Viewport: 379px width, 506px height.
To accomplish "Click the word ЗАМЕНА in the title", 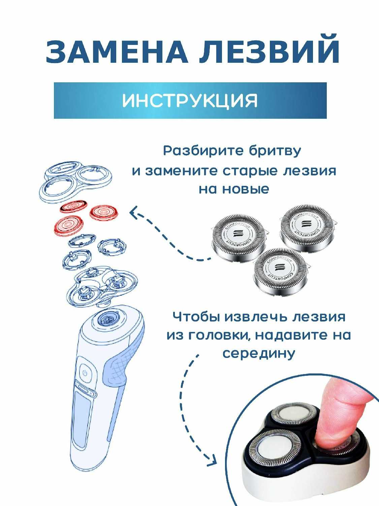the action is (117, 52).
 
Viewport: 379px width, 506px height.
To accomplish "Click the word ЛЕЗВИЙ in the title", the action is (269, 49).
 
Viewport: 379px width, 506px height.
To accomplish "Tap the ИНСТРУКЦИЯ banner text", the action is (190, 101).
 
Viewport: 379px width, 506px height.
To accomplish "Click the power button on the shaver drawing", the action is (85, 373).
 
